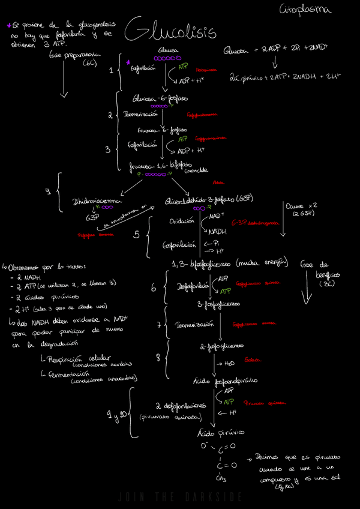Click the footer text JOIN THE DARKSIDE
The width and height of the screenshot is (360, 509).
pyautogui.click(x=180, y=497)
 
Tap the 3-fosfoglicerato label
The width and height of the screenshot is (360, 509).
pyautogui.click(x=219, y=304)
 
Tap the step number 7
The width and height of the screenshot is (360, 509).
pyautogui.click(x=158, y=325)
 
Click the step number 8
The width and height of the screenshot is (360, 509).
pyautogui.click(x=158, y=358)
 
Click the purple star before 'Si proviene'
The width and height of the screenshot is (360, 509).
pyautogui.click(x=9, y=25)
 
